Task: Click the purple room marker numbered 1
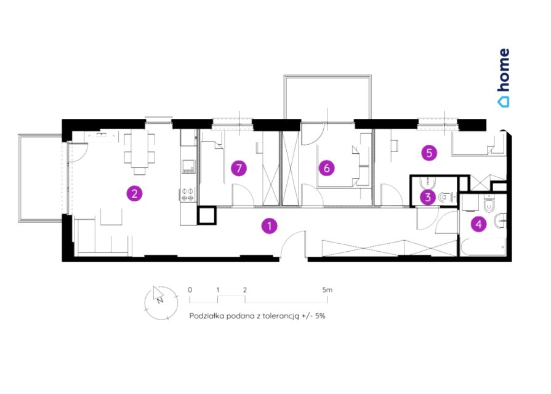click(270, 226)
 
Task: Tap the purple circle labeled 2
click(134, 193)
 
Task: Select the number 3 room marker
click(428, 197)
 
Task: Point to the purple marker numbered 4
click(478, 224)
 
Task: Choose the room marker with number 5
click(429, 153)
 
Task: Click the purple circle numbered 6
click(327, 168)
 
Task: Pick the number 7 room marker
click(239, 168)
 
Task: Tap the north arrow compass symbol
click(161, 303)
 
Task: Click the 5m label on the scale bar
click(327, 290)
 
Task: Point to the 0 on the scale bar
click(190, 290)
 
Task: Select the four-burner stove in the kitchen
click(188, 195)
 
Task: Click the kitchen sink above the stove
click(188, 166)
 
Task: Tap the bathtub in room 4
click(483, 247)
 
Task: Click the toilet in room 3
click(445, 198)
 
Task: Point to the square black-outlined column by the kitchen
click(207, 215)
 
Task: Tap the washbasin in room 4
click(500, 222)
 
